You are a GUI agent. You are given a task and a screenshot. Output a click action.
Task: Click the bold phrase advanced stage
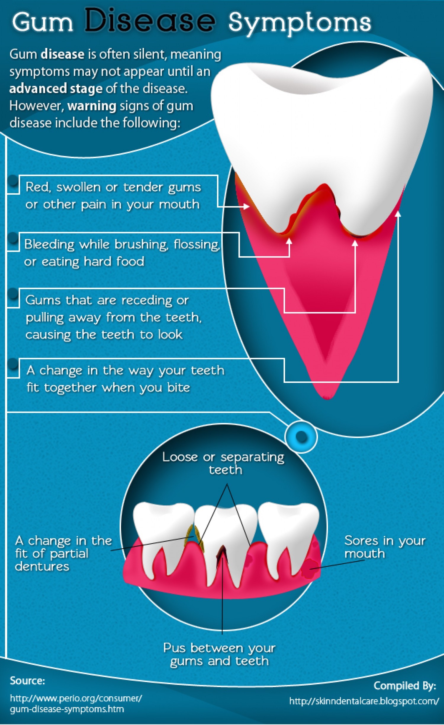coord(56,88)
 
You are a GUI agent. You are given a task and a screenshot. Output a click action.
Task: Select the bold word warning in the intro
coord(92,106)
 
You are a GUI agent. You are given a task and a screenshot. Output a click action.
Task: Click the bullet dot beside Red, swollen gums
coord(13,180)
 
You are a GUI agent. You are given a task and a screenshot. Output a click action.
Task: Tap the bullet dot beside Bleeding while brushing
coord(13,238)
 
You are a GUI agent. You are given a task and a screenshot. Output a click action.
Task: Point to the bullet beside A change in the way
coord(13,364)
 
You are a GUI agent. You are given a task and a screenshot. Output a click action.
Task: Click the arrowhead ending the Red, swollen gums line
coord(247,206)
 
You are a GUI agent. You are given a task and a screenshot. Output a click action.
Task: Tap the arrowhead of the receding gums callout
coord(355,243)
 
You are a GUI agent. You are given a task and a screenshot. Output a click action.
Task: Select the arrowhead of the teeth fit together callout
coord(398,213)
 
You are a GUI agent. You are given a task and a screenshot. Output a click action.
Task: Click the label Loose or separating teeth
coord(223,463)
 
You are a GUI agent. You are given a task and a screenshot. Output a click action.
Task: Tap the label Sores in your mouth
coord(385,547)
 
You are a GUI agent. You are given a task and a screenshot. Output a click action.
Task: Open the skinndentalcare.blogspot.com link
coord(364,701)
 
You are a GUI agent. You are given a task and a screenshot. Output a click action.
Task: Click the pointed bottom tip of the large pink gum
coord(326,399)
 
